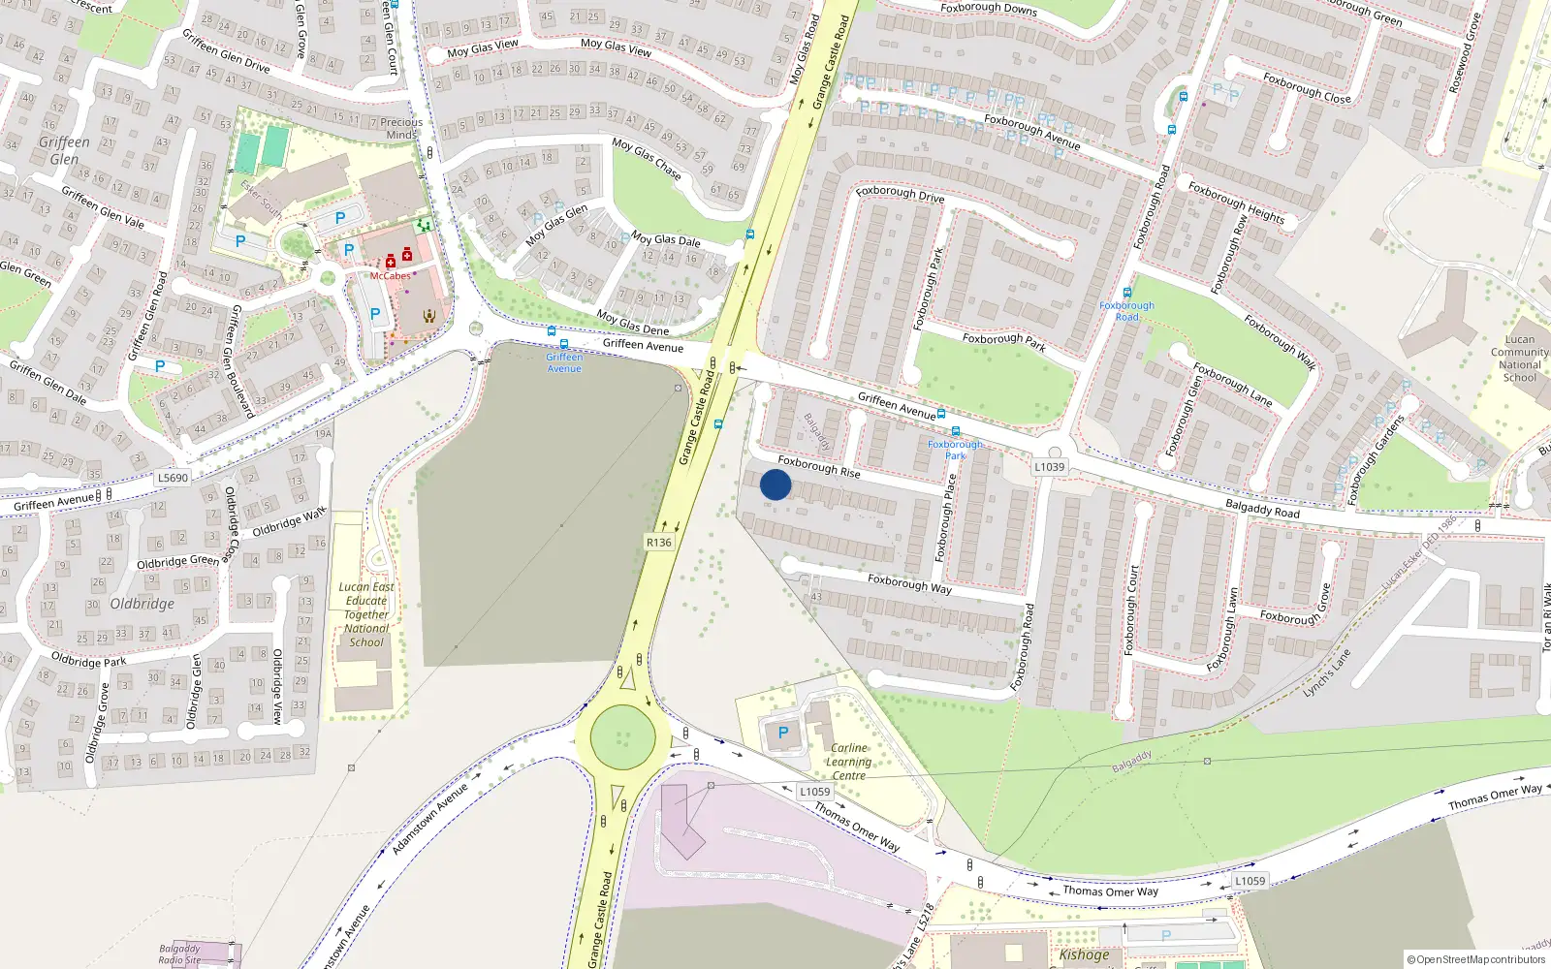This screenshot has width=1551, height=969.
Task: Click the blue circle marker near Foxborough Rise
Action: (x=775, y=484)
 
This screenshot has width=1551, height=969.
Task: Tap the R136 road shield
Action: (x=659, y=543)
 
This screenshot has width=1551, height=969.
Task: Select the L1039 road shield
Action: (x=1049, y=466)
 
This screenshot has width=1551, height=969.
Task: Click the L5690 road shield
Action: (x=173, y=478)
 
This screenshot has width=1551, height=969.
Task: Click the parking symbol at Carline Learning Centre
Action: (x=783, y=733)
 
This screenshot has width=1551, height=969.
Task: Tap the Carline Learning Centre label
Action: (x=849, y=762)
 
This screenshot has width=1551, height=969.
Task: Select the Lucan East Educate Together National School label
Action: (x=366, y=614)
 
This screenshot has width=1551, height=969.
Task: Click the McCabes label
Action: (x=391, y=276)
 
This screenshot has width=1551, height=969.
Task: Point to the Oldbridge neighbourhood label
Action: (x=142, y=604)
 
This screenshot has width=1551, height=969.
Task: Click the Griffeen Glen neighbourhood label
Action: (x=64, y=150)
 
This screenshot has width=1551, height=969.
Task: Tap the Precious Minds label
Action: (x=401, y=129)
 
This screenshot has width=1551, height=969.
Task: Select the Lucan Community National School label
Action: (x=1519, y=359)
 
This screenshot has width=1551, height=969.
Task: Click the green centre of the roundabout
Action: (x=622, y=737)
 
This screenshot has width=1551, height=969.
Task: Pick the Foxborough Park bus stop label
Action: (x=955, y=450)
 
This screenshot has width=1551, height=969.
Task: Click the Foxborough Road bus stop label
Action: (x=1126, y=311)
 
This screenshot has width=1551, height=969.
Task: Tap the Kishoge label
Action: (x=1084, y=954)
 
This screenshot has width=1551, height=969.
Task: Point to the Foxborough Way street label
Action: (x=909, y=583)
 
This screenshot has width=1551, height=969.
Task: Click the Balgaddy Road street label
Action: (x=1262, y=508)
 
